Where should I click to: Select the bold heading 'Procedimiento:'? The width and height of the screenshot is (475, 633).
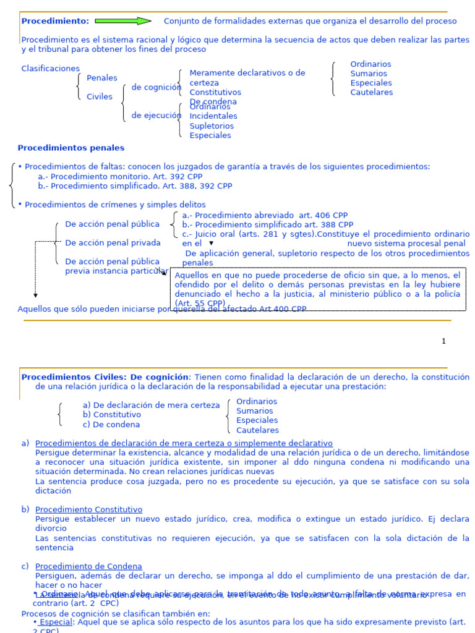(x=55, y=21)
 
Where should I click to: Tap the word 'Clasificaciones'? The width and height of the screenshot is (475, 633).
(x=51, y=69)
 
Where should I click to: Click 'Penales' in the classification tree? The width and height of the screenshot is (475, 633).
(x=102, y=78)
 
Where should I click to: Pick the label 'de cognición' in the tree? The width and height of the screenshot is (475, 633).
(x=156, y=87)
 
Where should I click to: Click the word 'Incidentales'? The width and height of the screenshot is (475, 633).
(x=213, y=116)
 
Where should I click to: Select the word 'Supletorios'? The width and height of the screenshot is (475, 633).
(x=212, y=125)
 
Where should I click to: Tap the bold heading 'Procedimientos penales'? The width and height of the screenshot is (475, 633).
(x=71, y=148)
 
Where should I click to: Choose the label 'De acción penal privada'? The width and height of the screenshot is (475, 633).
(x=113, y=243)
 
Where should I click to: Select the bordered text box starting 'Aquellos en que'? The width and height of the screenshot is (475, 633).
(x=317, y=289)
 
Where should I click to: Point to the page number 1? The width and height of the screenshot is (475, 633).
(x=443, y=341)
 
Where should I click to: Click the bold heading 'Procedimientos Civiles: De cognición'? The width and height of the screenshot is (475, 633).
(x=105, y=377)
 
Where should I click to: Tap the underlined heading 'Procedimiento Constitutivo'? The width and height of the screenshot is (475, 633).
(x=88, y=509)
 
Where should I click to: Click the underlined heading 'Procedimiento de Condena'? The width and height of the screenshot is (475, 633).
(x=88, y=566)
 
